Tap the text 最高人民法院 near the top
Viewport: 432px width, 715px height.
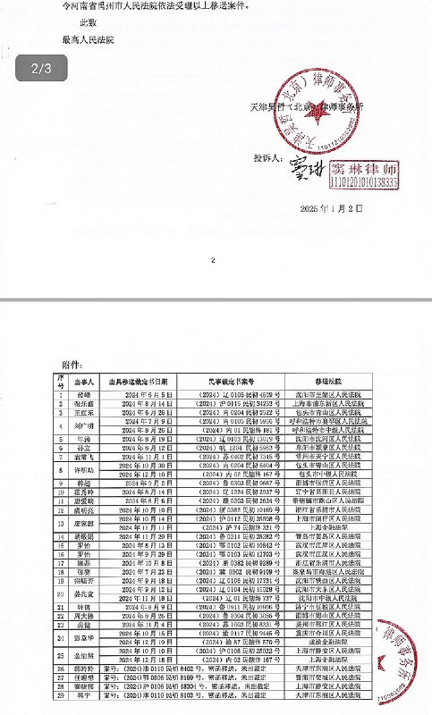point(89,40)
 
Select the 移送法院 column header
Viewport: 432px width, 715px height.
point(344,380)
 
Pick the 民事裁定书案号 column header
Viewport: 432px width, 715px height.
point(234,380)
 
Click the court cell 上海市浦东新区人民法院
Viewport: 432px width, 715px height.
point(344,403)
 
